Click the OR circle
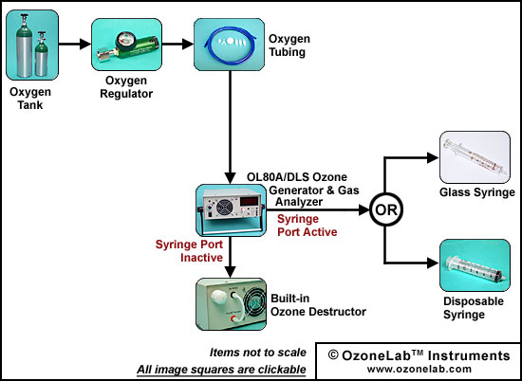(386, 209)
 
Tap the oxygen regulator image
(126, 45)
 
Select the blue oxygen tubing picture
(230, 45)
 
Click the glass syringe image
(475, 157)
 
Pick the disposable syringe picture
(475, 265)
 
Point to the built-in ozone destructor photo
(231, 304)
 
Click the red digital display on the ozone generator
(250, 201)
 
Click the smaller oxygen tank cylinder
(41, 54)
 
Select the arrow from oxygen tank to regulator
(75, 44)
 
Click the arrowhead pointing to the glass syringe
(433, 157)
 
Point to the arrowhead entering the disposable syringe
(433, 263)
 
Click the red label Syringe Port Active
(307, 226)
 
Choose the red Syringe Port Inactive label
(189, 251)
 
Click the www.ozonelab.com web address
(419, 369)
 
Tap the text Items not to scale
(257, 352)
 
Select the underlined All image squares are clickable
(221, 369)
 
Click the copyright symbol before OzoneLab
(333, 355)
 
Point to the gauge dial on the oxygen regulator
(122, 38)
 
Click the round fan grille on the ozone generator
(224, 208)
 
